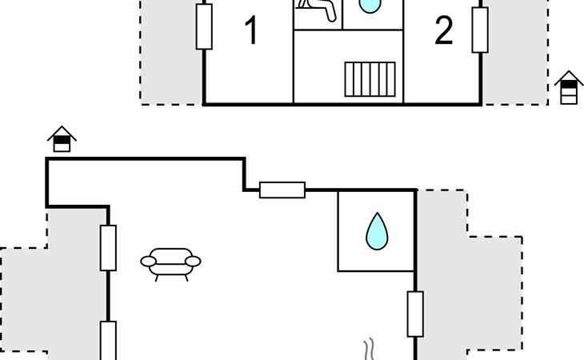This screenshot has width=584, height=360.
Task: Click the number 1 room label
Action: (x=251, y=32)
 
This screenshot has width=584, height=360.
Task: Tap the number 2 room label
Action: (x=444, y=32)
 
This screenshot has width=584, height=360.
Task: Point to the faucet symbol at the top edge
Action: (x=315, y=8)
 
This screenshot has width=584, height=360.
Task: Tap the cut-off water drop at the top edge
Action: (x=368, y=6)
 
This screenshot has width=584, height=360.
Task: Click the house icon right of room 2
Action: (x=569, y=87)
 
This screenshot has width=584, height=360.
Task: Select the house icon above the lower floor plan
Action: (x=62, y=140)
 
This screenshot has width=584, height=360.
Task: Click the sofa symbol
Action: (x=170, y=263)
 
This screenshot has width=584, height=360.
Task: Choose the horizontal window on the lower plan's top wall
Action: (x=282, y=190)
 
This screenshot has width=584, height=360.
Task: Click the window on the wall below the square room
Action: (x=415, y=314)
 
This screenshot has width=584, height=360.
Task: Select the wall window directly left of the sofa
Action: (x=108, y=247)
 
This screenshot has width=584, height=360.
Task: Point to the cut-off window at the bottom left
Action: (x=108, y=341)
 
